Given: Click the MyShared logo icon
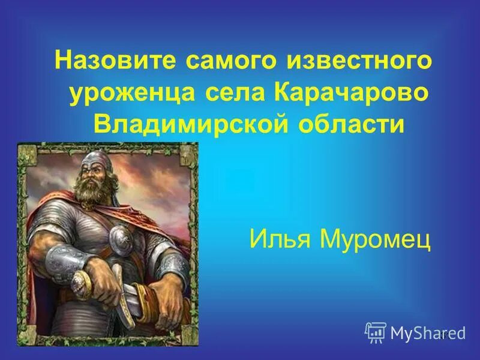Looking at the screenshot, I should point(375,331).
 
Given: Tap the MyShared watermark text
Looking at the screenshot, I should point(427,332).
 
